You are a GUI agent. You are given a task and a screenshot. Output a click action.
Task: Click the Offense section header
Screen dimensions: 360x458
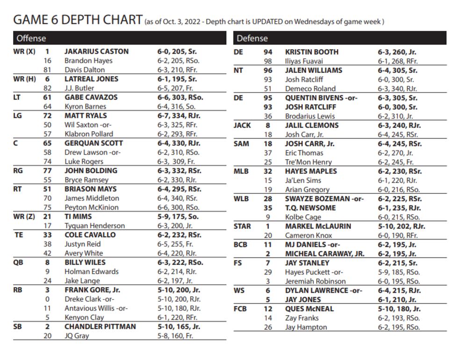[x=31, y=38]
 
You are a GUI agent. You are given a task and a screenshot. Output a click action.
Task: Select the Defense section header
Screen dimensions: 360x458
[x=252, y=38]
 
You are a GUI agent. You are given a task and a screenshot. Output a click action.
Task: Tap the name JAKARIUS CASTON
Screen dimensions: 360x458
[x=96, y=52]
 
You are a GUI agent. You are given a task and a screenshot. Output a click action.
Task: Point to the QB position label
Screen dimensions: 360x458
[x=19, y=262]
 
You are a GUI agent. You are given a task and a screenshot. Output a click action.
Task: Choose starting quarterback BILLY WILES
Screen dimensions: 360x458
[x=85, y=262]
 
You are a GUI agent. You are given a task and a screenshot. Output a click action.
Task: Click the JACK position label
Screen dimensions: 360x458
[x=242, y=125]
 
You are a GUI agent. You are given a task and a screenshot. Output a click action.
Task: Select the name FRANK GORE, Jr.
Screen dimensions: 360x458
[x=92, y=290]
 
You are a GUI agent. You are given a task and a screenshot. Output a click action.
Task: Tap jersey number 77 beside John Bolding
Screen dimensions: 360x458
[x=47, y=171]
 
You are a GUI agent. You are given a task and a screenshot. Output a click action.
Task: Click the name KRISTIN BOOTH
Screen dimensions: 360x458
[x=312, y=52]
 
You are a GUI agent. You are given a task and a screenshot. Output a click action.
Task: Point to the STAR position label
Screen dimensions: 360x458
[x=242, y=226]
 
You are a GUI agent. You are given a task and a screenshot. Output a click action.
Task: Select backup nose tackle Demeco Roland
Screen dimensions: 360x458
[x=310, y=89]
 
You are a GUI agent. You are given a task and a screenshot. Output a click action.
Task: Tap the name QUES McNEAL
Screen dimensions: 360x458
[x=309, y=309]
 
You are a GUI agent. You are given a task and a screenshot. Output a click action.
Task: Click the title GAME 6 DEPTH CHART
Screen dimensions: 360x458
[x=78, y=20]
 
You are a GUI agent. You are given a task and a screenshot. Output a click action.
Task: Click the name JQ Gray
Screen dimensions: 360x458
[x=77, y=336]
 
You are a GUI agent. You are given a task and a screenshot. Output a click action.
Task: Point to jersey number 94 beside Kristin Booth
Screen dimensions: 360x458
[x=268, y=52]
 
